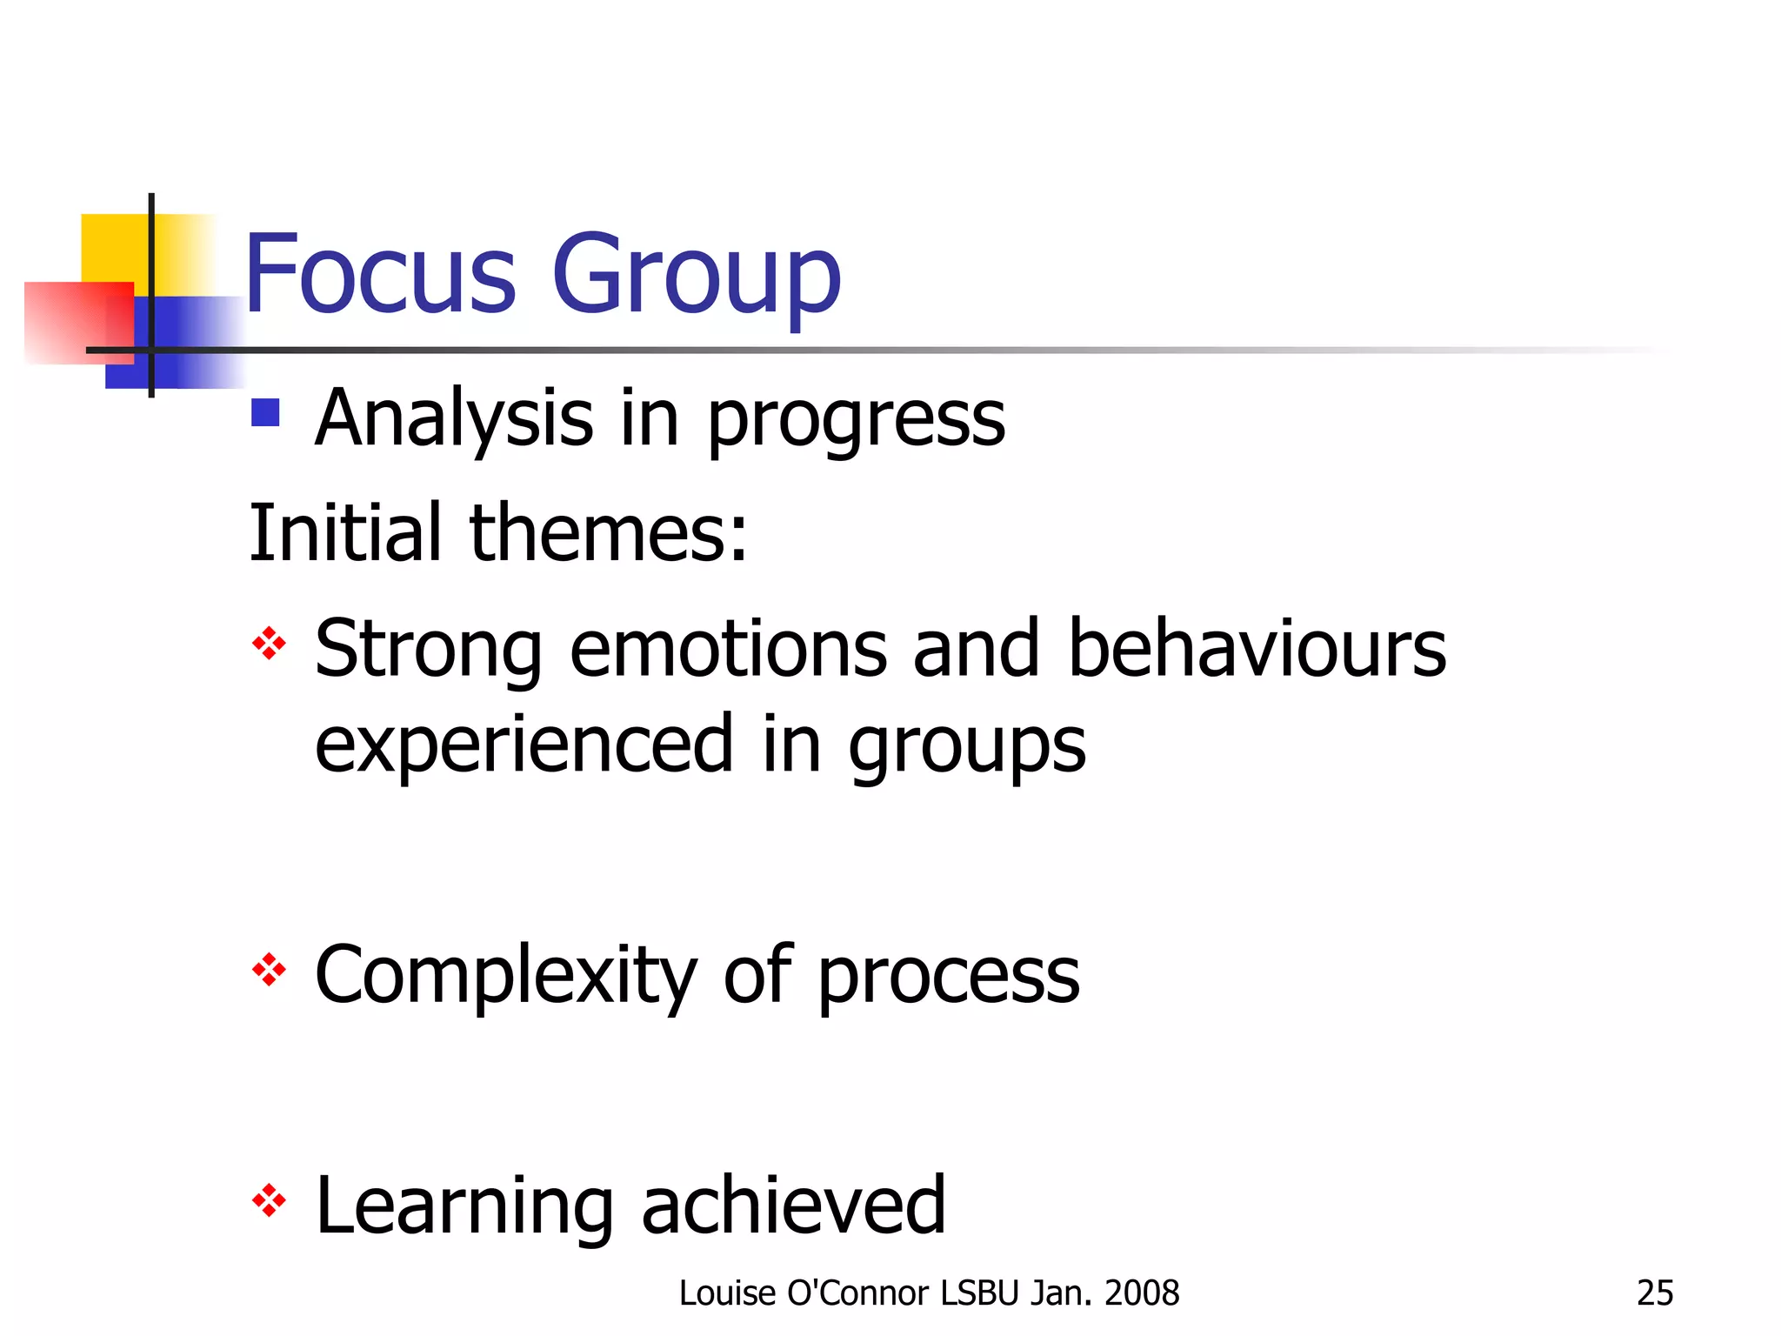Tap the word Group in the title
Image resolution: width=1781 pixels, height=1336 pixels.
[x=696, y=277]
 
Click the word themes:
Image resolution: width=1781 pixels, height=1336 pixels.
[x=608, y=532]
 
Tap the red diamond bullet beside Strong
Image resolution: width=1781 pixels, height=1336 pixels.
[x=269, y=644]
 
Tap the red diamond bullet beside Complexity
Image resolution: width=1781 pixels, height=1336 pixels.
[x=269, y=970]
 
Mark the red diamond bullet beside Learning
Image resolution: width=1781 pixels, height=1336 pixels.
[x=269, y=1201]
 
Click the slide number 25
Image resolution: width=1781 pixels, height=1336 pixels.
[x=1654, y=1293]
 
